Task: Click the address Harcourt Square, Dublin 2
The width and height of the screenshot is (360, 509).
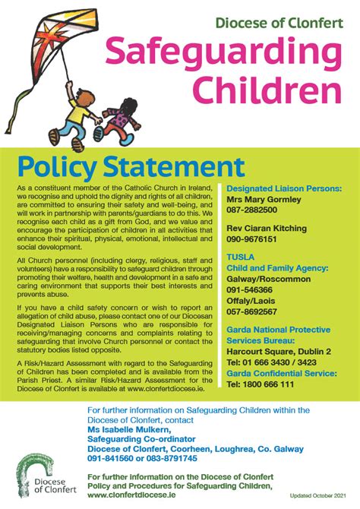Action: point(279,352)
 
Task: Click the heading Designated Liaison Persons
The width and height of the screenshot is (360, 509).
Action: point(284,188)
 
